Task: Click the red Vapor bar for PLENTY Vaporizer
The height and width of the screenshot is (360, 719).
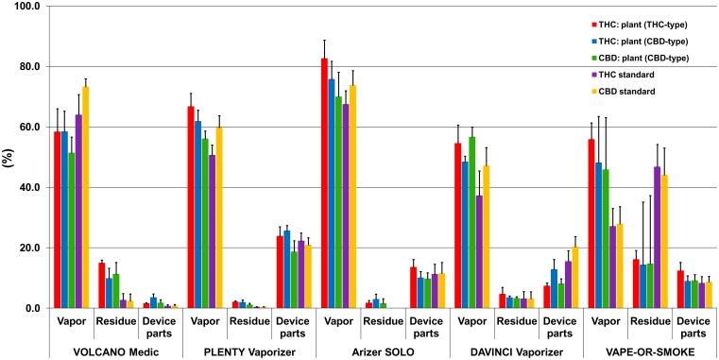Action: [x=191, y=207]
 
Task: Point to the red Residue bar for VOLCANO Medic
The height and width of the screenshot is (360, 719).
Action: [x=102, y=285]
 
